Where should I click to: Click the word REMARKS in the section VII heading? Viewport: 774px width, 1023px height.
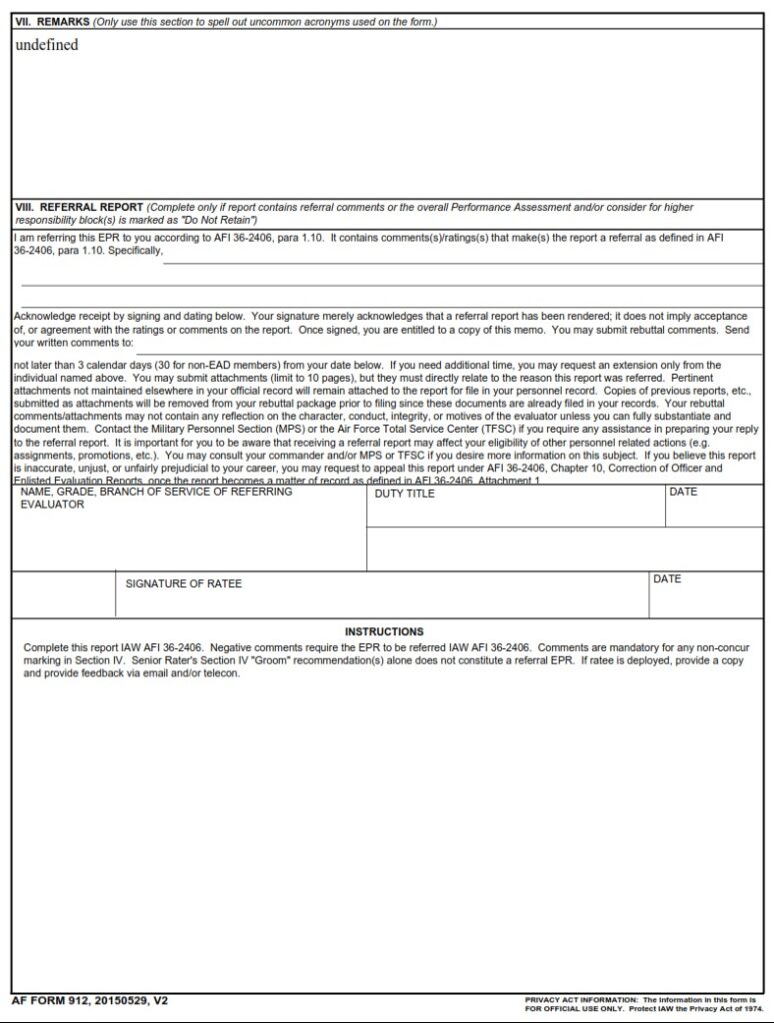63,22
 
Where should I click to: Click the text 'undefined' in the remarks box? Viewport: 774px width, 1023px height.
46,45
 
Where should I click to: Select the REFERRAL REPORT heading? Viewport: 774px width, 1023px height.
91,208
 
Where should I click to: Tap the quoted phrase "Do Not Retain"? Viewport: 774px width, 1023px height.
224,219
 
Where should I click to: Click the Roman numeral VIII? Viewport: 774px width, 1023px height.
24,208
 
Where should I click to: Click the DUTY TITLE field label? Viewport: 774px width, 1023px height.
405,495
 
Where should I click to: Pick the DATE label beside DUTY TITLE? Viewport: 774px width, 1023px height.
683,493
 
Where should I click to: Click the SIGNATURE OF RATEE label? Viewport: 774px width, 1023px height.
183,583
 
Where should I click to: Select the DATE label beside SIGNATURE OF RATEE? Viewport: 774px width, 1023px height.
667,579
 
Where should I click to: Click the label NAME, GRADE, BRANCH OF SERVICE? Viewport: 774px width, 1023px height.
156,493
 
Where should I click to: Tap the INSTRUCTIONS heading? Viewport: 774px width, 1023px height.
384,631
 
